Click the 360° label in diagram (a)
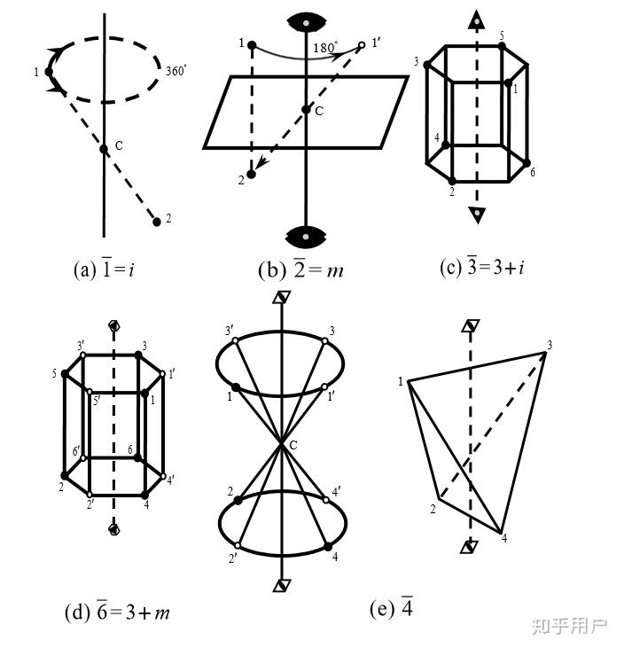175,68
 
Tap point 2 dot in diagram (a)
157,222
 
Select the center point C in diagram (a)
105,149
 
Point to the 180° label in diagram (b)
326,46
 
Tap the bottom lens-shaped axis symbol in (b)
306,235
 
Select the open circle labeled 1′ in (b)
362,44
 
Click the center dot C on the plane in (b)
306,109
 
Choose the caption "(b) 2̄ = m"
300,269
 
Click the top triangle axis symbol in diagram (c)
477,20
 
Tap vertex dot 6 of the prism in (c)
527,164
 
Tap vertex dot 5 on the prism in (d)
65,373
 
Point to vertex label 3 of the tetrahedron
550,345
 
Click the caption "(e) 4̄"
391,609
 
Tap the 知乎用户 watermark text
569,626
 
